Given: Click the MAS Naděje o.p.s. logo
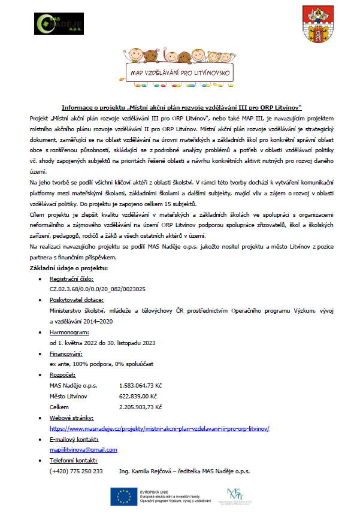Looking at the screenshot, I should pyautogui.click(x=55, y=25).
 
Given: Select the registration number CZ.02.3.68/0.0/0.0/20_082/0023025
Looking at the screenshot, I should pyautogui.click(x=97, y=289).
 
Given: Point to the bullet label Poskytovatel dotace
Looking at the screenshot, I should pyautogui.click(x=77, y=300).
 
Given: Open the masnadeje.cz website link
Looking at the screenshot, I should pyautogui.click(x=159, y=428).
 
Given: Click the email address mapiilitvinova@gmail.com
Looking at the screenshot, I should pyautogui.click(x=83, y=449).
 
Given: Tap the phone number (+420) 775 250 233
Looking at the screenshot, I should pyautogui.click(x=76, y=471).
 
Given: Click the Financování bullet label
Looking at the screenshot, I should pyautogui.click(x=66, y=353).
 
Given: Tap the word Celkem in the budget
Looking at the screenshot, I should pyautogui.click(x=59, y=407).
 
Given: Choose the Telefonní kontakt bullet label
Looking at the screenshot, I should pyautogui.click(x=73, y=460).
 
